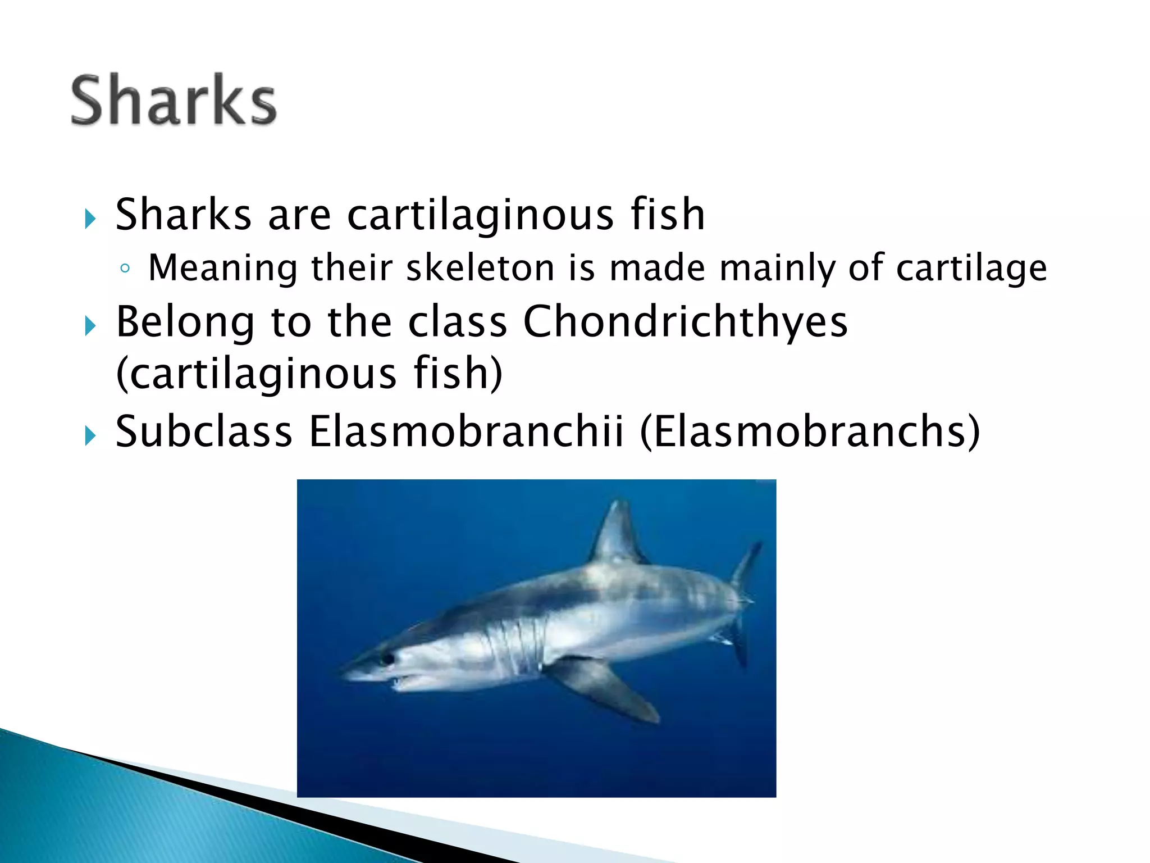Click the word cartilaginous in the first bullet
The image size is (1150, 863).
pos(472,215)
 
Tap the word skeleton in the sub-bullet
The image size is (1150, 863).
pos(480,267)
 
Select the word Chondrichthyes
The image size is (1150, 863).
pos(685,322)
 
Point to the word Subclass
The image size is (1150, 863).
pos(204,431)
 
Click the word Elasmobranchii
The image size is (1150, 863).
pos(466,431)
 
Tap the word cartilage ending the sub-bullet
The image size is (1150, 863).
pos(971,269)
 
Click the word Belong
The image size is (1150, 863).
pos(185,322)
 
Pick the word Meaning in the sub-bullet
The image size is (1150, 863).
pos(222,268)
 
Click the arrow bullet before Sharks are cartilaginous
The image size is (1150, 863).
pos(90,218)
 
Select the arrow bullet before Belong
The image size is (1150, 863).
pos(90,325)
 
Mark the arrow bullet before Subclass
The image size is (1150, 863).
pos(90,435)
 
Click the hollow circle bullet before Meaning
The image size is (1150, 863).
pos(125,269)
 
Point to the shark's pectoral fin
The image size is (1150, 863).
pos(606,688)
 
